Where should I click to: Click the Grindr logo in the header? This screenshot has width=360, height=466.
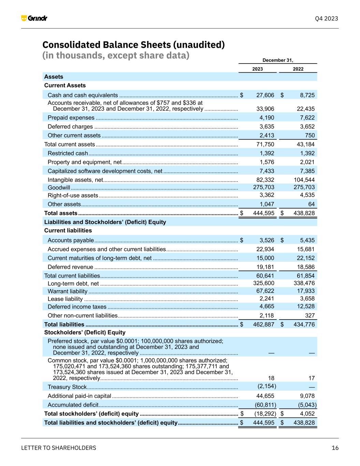(x=34, y=18)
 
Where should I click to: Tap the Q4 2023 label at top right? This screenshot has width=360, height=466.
(x=326, y=18)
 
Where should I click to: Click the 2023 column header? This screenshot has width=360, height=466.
(x=257, y=69)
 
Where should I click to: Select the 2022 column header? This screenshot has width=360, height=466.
(x=298, y=69)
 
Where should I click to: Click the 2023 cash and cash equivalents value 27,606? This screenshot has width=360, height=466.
(x=265, y=95)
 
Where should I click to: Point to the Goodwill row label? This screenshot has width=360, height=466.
(x=59, y=187)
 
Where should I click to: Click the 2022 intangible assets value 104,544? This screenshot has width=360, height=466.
(x=304, y=180)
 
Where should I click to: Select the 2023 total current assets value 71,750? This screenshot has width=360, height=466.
(x=265, y=144)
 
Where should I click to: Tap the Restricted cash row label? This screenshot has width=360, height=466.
(x=68, y=153)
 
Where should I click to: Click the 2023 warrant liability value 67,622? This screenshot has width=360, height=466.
(x=265, y=291)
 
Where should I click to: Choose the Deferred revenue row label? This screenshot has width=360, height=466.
(x=70, y=267)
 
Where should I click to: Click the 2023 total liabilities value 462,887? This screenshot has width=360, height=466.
(x=263, y=324)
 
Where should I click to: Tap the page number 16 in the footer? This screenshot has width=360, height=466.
(x=335, y=448)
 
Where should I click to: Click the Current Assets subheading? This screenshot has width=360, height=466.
(x=65, y=85)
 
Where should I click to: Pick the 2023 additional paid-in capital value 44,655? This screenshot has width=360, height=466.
(x=265, y=396)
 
